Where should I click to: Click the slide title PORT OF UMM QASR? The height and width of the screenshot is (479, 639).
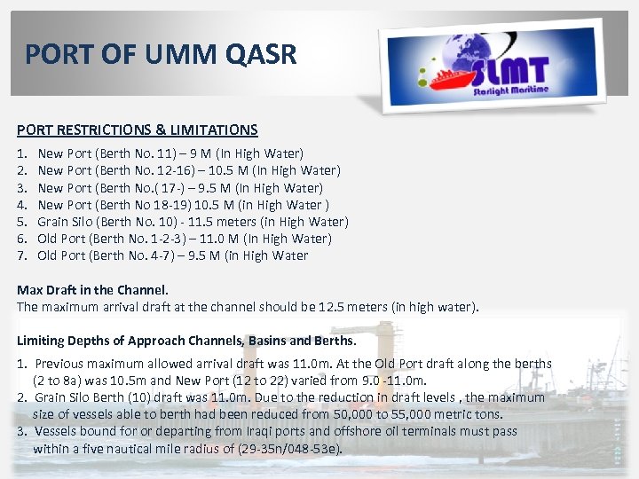tap(160, 55)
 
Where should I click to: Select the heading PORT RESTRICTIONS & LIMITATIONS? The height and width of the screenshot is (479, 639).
tap(138, 130)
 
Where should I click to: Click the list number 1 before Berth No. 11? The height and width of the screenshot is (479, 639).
tap(22, 153)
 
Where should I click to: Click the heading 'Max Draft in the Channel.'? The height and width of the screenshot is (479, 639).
tap(93, 290)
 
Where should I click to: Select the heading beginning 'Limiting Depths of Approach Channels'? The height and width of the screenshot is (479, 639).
tap(186, 341)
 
